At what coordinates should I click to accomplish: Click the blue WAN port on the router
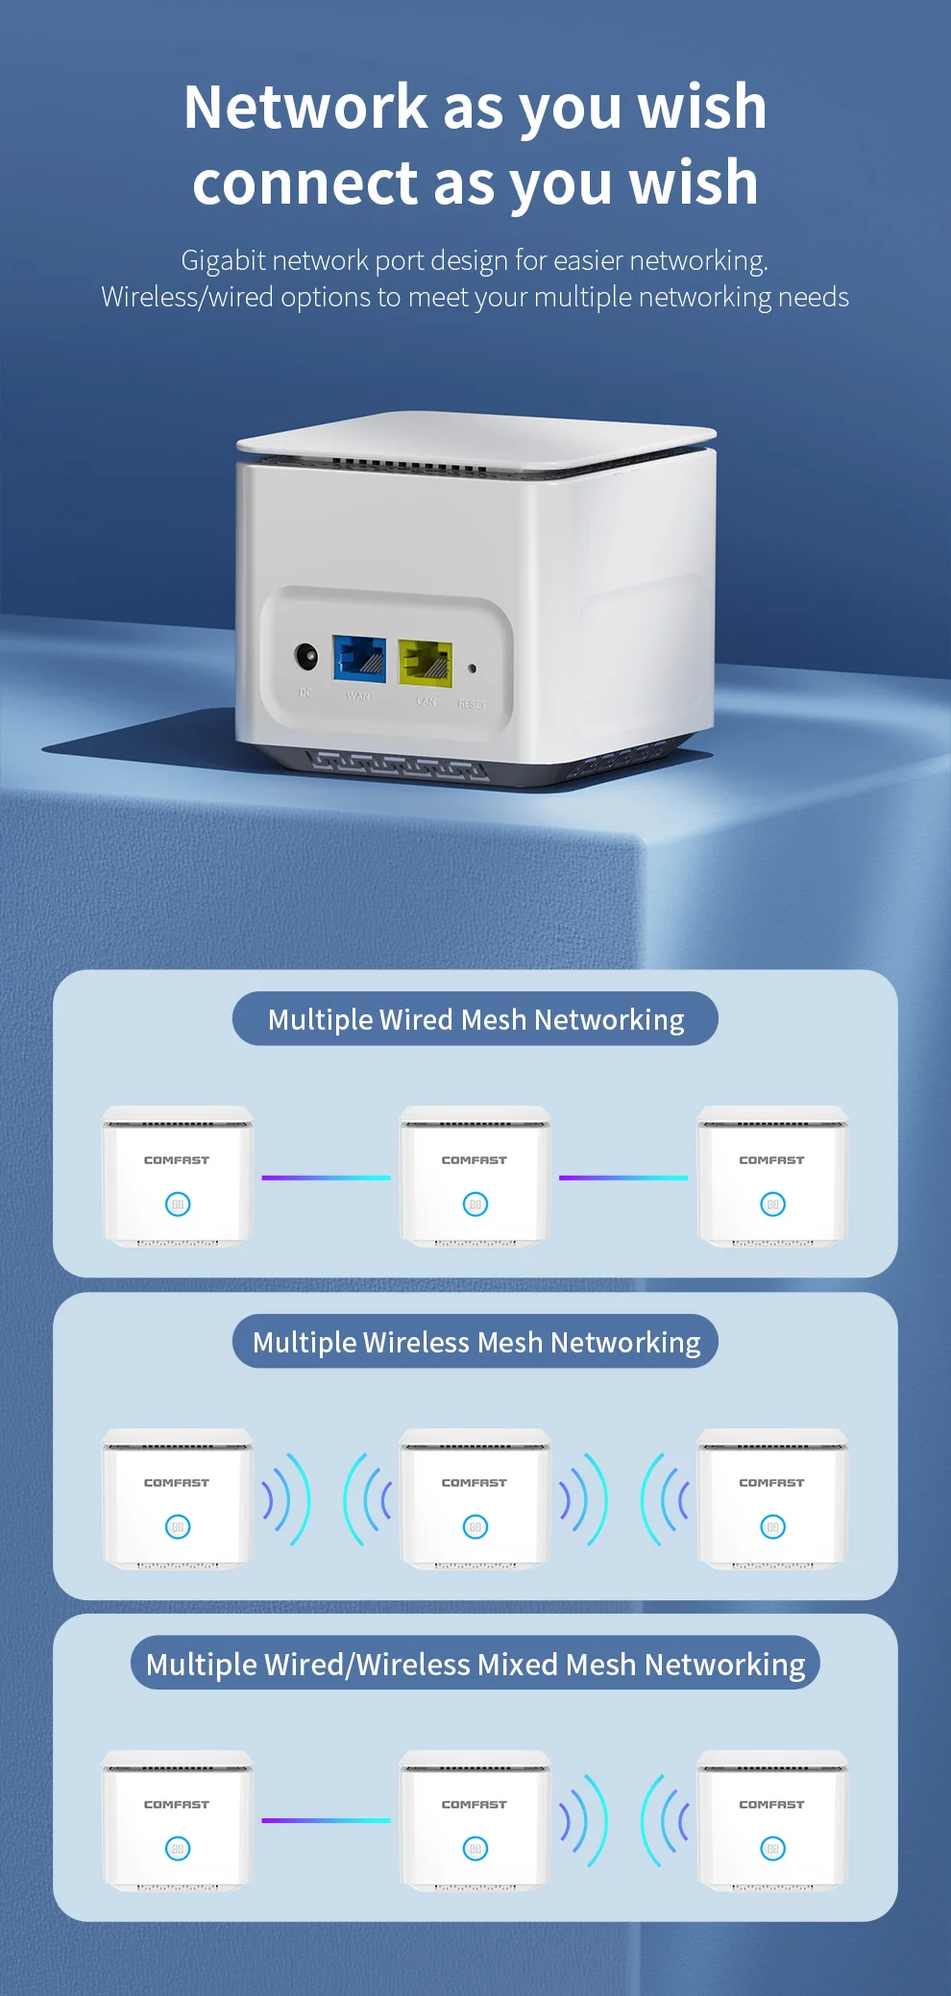[x=359, y=659]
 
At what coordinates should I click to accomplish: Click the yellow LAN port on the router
[x=426, y=663]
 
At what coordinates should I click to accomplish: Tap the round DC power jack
[x=306, y=658]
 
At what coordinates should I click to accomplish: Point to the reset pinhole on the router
[x=472, y=669]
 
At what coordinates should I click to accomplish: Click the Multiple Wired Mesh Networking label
[x=475, y=1019]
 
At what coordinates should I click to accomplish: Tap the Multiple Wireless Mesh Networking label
[x=475, y=1342]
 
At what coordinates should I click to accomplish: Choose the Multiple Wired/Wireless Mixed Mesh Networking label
[x=475, y=1664]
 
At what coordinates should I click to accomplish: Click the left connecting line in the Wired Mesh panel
[x=327, y=1178]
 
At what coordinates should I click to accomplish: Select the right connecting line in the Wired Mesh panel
[x=623, y=1178]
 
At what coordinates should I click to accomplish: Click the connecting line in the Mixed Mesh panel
[x=327, y=1820]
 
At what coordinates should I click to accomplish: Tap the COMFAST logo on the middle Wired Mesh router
[x=475, y=1160]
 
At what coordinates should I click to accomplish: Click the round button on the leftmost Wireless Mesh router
[x=178, y=1526]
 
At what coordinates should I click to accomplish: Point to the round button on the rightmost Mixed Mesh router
[x=772, y=1848]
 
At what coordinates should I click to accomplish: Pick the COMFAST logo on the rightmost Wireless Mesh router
[x=772, y=1483]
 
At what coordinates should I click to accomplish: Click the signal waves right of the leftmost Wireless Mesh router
[x=287, y=1499]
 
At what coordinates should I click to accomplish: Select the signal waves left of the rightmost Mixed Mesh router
[x=666, y=1820]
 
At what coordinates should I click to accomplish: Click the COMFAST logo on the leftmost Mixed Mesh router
[x=177, y=1805]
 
